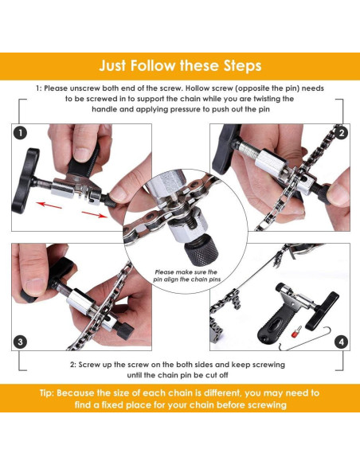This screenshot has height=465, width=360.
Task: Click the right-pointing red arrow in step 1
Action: (x=94, y=213)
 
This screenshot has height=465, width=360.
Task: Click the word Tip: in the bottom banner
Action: (x=49, y=393)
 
